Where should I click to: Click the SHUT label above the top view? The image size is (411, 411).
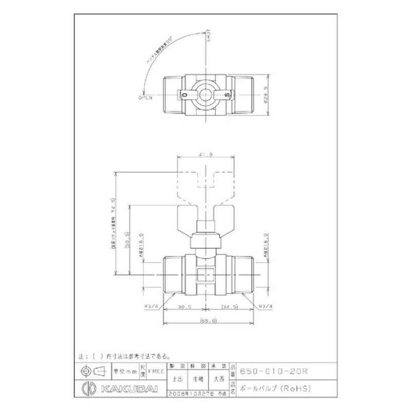pyautogui.click(x=209, y=38)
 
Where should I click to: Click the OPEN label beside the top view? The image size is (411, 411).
pyautogui.click(x=145, y=97)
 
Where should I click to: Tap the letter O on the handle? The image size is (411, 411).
pyautogui.click(x=184, y=95)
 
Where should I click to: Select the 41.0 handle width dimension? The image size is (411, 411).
pyautogui.click(x=206, y=154)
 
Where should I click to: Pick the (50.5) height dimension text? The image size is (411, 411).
pyautogui.click(x=126, y=239)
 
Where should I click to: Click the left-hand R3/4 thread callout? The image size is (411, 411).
pyautogui.click(x=151, y=307)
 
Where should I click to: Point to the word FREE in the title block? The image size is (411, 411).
pyautogui.click(x=155, y=369)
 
